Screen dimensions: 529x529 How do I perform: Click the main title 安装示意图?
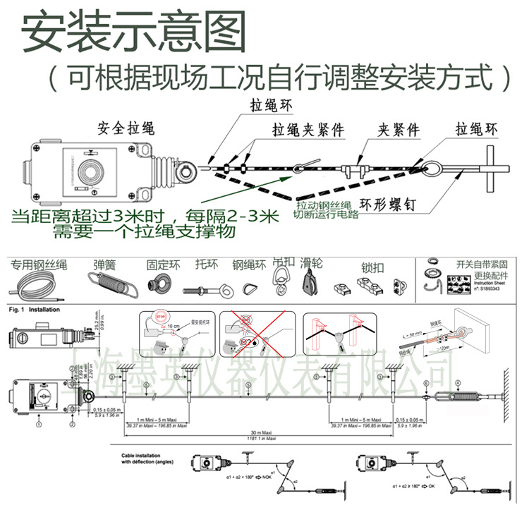coord(134,32)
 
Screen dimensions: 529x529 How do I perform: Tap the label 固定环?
coord(164,265)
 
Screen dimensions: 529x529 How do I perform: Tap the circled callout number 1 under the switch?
coord(39,424)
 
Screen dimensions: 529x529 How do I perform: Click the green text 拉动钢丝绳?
coord(323,202)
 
